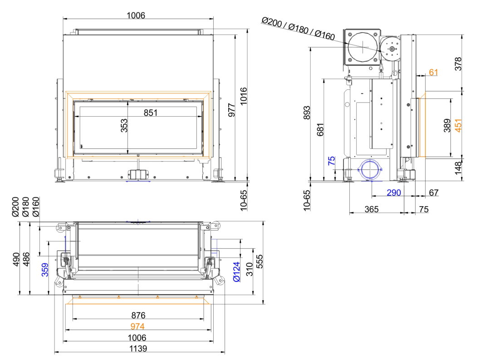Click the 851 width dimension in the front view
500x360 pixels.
coord(151,113)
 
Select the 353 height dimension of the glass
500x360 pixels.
coord(124,125)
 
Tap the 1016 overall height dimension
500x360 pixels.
coord(243,96)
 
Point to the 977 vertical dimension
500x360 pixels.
coord(232,110)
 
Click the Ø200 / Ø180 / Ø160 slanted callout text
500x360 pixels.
coord(298,29)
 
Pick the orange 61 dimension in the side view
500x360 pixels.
coord(433,73)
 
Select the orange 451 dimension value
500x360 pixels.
coord(458,125)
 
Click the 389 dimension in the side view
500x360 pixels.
coord(447,125)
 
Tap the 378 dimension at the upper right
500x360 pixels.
coord(458,64)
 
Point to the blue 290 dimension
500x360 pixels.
coord(394,193)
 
